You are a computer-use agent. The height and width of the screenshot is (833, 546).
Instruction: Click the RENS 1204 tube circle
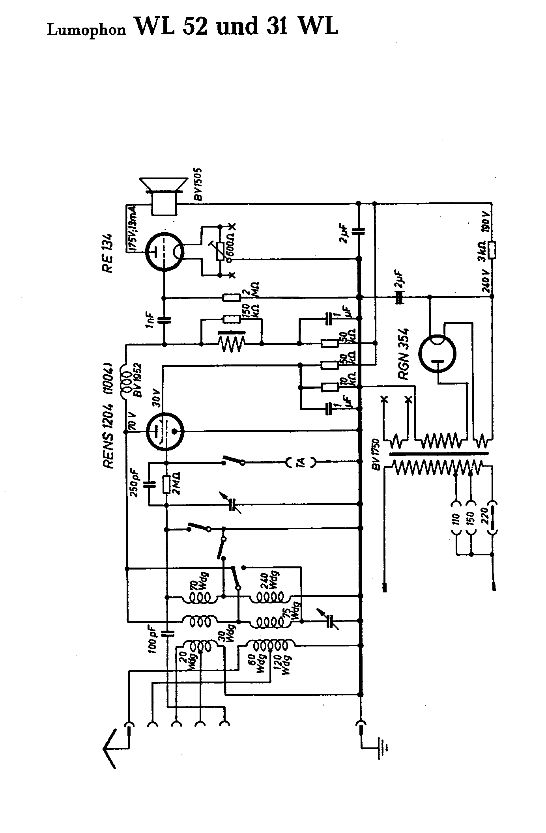tap(165, 431)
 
